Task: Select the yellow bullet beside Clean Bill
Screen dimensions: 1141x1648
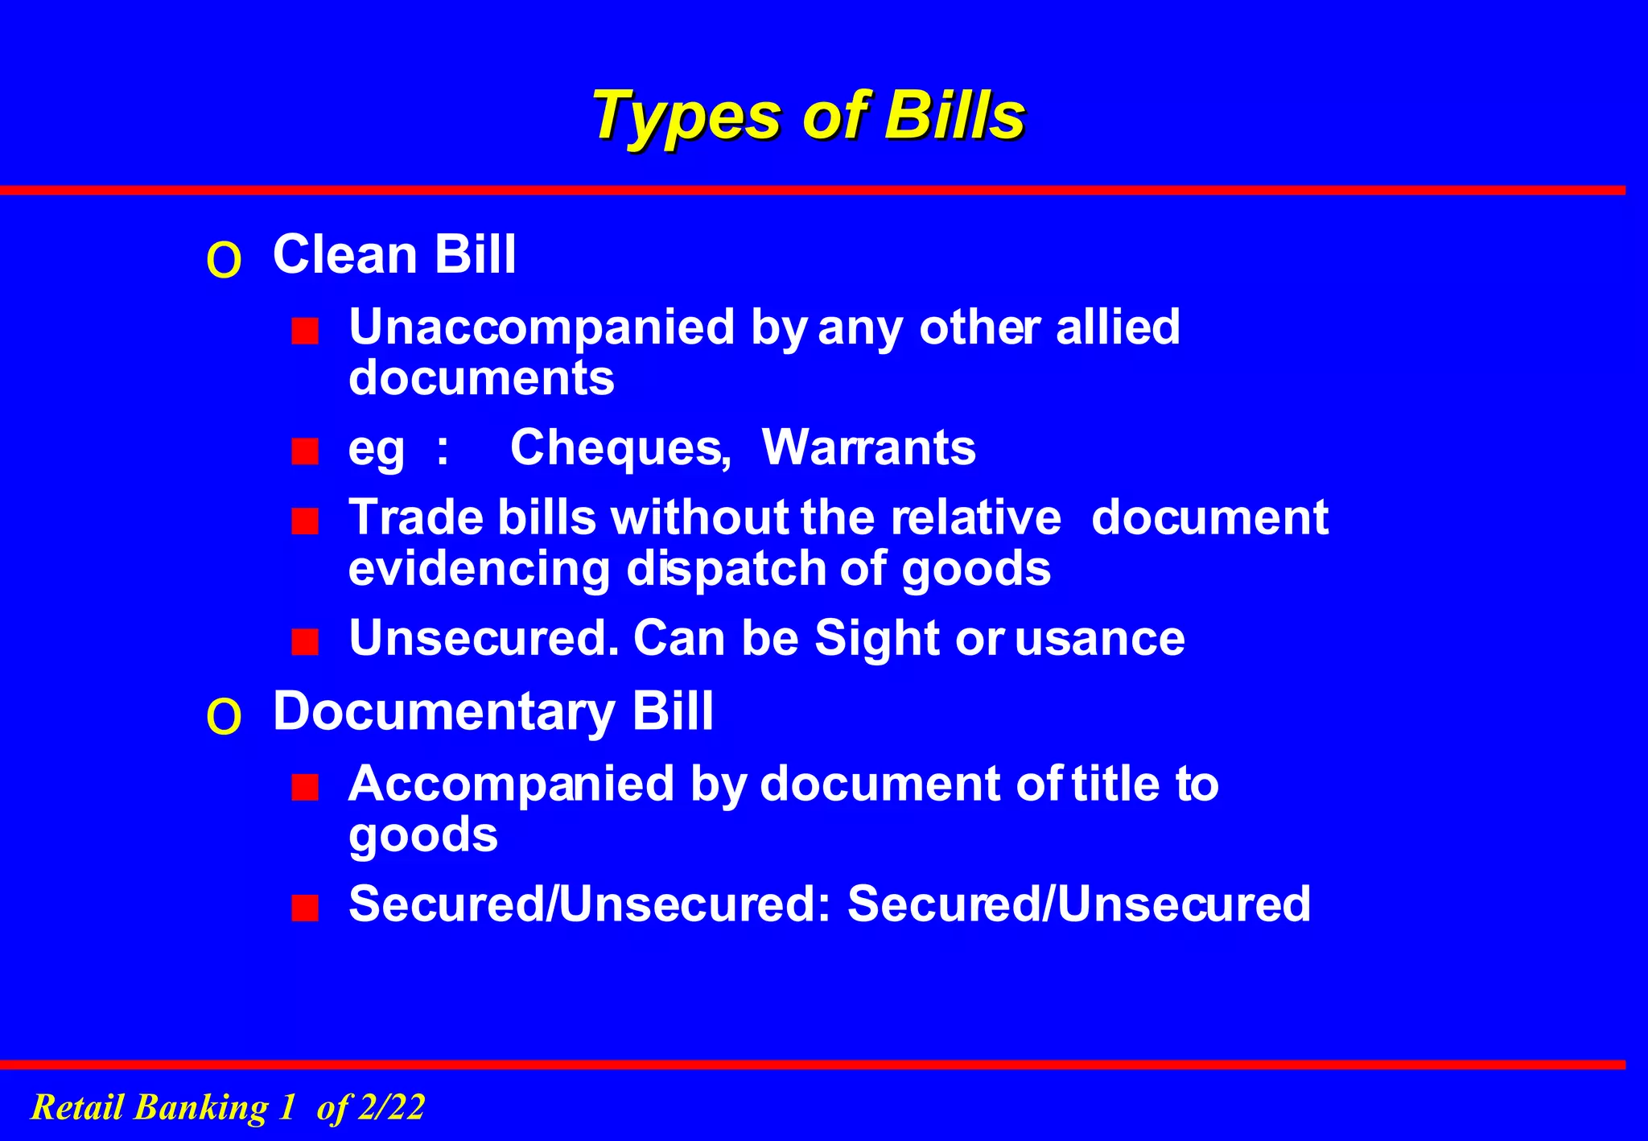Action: click(x=224, y=261)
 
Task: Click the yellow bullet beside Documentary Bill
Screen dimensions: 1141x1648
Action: click(x=224, y=717)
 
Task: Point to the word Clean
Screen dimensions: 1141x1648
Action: click(x=345, y=255)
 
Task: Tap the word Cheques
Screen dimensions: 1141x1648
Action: click(x=620, y=447)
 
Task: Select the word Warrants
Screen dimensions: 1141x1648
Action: click(x=868, y=447)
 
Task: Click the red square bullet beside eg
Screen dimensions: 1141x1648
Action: click(x=305, y=451)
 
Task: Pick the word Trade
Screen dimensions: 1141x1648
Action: click(x=416, y=517)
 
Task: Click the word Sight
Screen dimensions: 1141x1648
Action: click(x=877, y=638)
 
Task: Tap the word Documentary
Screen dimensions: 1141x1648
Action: click(x=443, y=712)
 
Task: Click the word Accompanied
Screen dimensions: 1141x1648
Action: click(x=511, y=784)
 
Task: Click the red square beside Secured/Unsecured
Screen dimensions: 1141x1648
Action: click(x=305, y=908)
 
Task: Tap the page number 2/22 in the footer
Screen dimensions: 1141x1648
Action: click(x=391, y=1107)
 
